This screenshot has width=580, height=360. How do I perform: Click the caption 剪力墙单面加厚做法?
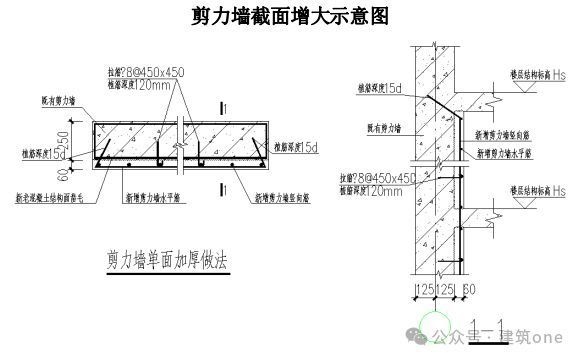tap(166, 259)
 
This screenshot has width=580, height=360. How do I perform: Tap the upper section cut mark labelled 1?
tap(230, 107)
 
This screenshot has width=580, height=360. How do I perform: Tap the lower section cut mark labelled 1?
tap(230, 185)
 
